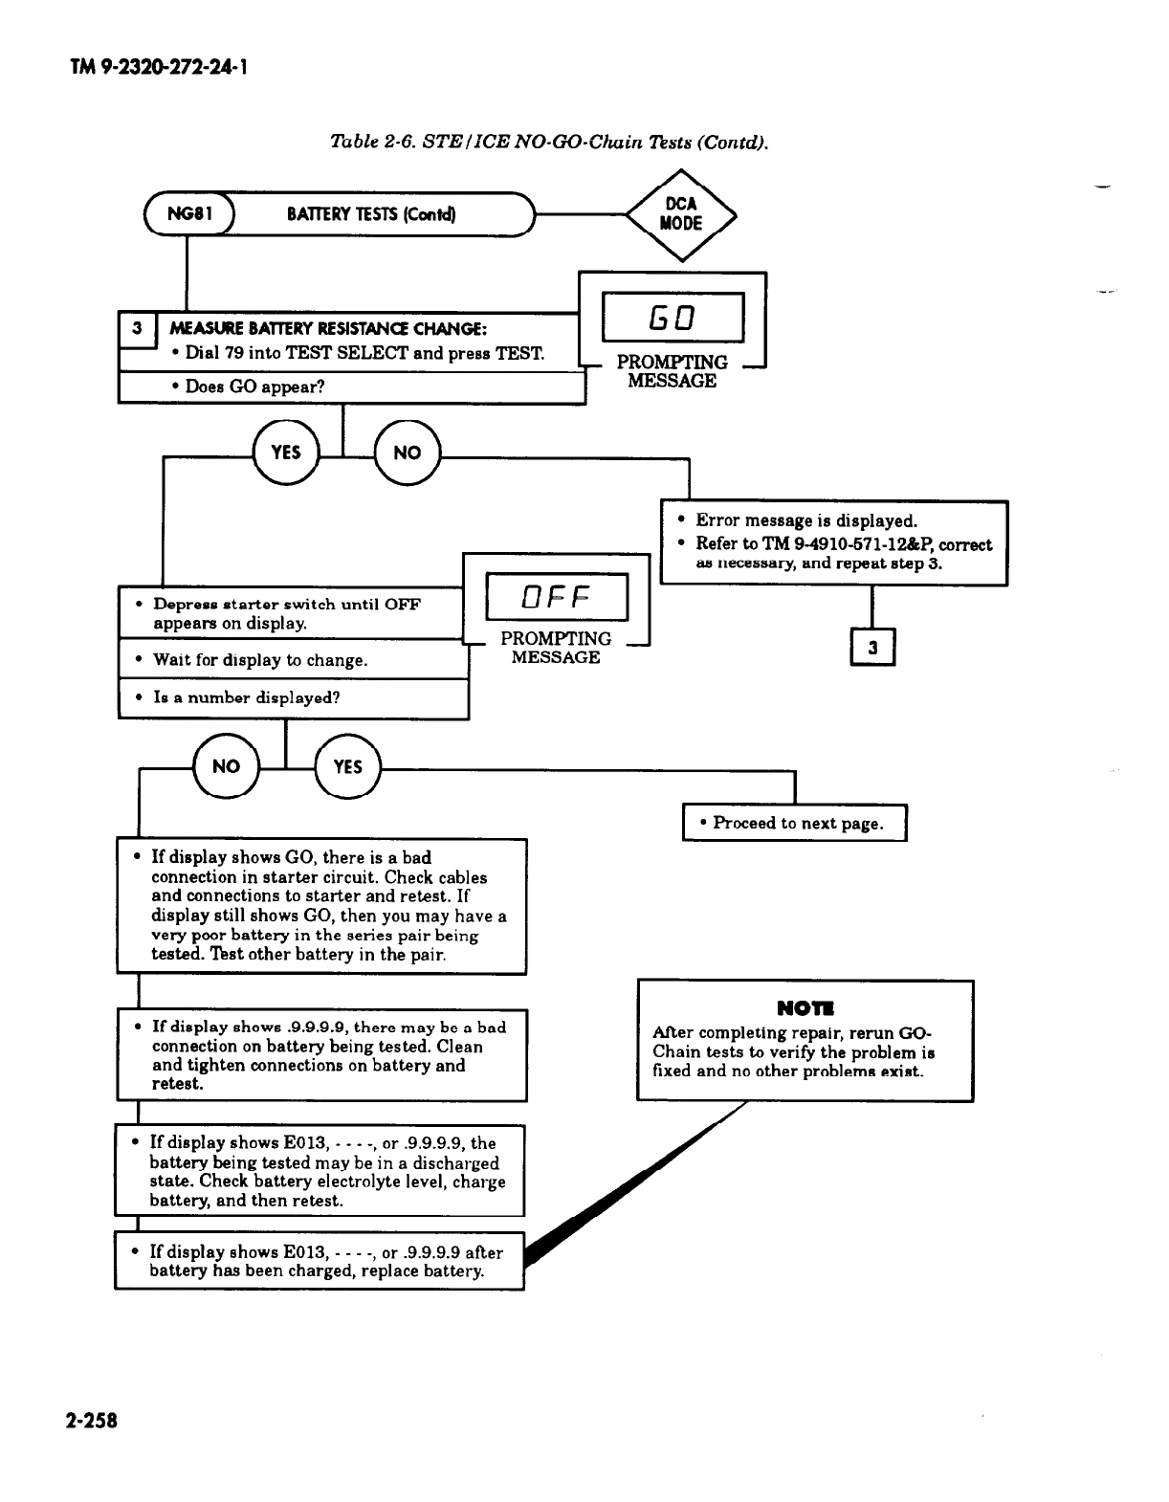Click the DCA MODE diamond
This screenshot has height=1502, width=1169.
681,214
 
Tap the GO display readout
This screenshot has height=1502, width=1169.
673,318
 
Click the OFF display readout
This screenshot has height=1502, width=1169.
556,597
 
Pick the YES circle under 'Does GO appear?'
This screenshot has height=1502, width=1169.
285,453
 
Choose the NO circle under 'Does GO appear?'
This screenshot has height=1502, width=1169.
407,453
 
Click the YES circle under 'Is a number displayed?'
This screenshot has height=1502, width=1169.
347,766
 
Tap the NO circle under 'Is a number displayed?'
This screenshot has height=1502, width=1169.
226,766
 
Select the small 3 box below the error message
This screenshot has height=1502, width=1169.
872,648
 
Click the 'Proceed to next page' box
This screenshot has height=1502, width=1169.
794,823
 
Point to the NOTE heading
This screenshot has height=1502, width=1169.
805,1007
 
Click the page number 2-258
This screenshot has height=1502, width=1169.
92,1420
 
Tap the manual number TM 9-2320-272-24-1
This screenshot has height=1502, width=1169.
161,68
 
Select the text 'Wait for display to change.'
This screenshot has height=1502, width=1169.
260,660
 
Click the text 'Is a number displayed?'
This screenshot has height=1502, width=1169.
247,697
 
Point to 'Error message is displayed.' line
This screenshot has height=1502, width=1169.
806,520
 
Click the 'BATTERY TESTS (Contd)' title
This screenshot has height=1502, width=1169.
371,214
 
